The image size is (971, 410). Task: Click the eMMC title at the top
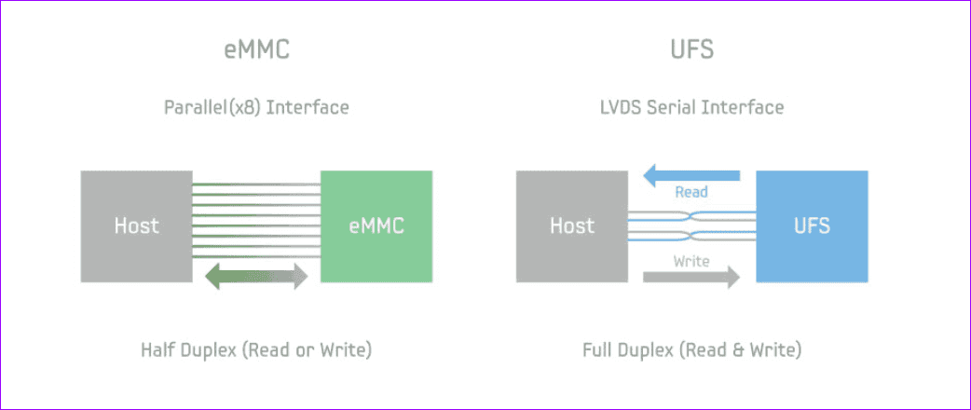256,50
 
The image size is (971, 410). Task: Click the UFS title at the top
691,50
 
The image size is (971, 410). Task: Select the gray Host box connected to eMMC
136,225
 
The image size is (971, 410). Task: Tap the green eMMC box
376,225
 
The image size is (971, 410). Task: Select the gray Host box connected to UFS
571,225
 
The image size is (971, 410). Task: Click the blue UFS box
812,225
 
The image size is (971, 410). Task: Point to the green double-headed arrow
256,275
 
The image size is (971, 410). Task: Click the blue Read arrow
691,174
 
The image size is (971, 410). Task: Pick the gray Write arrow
691,277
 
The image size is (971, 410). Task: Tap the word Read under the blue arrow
691,192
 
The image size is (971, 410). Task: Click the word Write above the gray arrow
691,261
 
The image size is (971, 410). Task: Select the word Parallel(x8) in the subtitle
212,107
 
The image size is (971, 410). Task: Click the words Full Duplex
626,351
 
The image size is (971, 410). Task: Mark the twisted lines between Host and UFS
691,225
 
